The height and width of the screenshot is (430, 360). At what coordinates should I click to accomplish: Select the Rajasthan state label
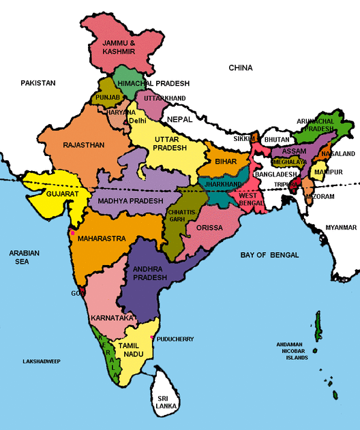(83, 145)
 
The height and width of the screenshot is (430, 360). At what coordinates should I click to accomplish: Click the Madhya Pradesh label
(130, 201)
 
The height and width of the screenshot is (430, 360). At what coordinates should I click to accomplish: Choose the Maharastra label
(102, 239)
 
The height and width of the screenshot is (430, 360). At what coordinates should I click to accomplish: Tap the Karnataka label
(110, 318)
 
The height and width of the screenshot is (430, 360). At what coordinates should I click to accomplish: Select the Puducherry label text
(175, 339)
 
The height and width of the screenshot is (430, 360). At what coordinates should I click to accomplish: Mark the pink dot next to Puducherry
(151, 337)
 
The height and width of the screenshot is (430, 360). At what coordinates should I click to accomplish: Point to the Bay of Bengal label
(270, 255)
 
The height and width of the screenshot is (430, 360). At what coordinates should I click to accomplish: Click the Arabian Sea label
(24, 257)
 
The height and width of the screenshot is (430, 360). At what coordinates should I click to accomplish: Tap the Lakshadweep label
(42, 360)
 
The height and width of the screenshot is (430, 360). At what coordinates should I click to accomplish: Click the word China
(240, 68)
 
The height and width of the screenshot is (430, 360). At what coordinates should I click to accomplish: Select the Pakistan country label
(37, 83)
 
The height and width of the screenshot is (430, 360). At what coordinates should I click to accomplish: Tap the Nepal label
(180, 119)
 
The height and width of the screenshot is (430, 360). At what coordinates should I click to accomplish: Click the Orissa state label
(209, 228)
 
